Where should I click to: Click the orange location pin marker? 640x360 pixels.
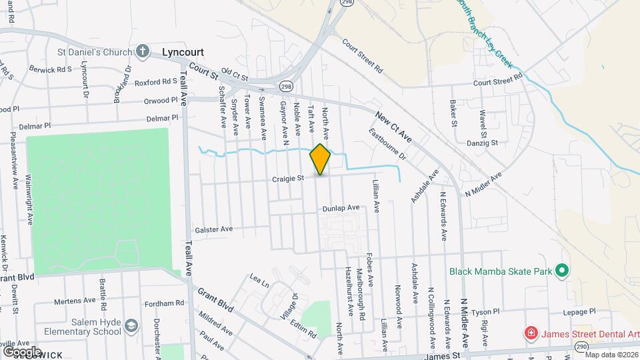[x=320, y=159]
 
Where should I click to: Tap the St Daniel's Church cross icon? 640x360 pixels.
[x=143, y=51]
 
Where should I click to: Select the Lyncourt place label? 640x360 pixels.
[x=183, y=51]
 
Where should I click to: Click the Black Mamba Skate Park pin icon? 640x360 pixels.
[x=561, y=271]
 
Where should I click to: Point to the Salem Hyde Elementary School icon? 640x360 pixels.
[x=131, y=325]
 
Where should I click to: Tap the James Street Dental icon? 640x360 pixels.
[x=531, y=332]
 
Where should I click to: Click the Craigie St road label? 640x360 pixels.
[x=288, y=178]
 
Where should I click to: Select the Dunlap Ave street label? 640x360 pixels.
[x=341, y=208]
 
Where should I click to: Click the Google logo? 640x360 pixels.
[x=21, y=351]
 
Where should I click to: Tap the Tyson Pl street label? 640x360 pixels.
[x=485, y=311]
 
